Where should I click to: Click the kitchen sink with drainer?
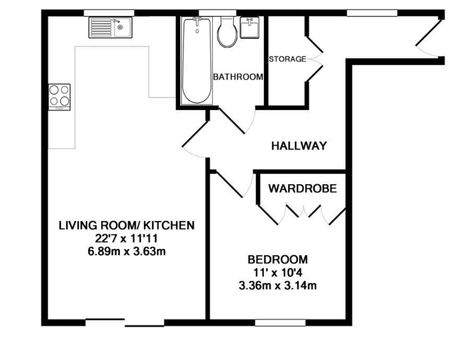coord(110,27)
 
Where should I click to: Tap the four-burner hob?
coord(59,97)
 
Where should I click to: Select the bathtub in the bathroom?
coord(197,61)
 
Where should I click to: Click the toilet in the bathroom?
coord(227,32)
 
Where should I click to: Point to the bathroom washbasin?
coord(249,27)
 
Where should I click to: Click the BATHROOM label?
coord(238,77)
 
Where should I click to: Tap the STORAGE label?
coord(287,59)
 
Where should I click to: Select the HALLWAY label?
coord(299,146)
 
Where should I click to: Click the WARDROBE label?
coord(302,189)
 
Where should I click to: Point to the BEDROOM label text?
coord(278,260)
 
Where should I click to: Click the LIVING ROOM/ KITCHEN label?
coord(127,225)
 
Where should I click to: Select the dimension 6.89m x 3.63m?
coord(127,251)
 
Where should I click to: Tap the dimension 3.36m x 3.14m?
coord(278,285)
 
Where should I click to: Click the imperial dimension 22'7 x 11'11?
coord(126,238)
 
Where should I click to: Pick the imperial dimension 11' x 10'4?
coord(278,273)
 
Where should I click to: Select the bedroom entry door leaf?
coord(230,185)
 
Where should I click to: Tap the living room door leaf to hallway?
coord(195,134)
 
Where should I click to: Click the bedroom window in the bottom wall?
coord(280,323)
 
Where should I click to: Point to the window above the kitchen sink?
coord(109,13)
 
